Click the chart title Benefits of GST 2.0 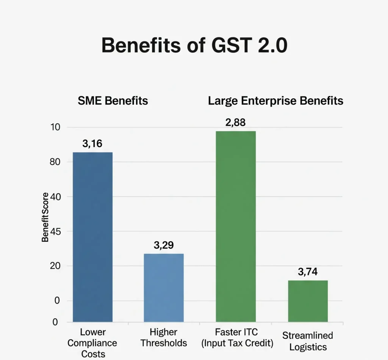(x=194, y=46)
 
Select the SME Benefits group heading (x=113, y=101)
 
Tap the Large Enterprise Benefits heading (x=275, y=101)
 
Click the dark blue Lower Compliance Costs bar (x=92, y=237)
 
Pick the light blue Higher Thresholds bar (x=164, y=288)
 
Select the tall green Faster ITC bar (x=236, y=226)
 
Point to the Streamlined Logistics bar (x=308, y=301)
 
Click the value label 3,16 (x=92, y=144)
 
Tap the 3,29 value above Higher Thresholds (x=164, y=245)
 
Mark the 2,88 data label (x=236, y=123)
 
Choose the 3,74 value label (x=308, y=272)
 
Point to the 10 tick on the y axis (x=55, y=127)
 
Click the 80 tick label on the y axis (x=55, y=162)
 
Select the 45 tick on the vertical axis (x=55, y=231)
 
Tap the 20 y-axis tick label (x=55, y=266)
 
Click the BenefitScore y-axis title (x=45, y=217)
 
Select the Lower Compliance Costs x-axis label (x=93, y=343)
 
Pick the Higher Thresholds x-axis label (x=164, y=338)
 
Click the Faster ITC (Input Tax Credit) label (x=236, y=338)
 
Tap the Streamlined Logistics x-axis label (x=308, y=341)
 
